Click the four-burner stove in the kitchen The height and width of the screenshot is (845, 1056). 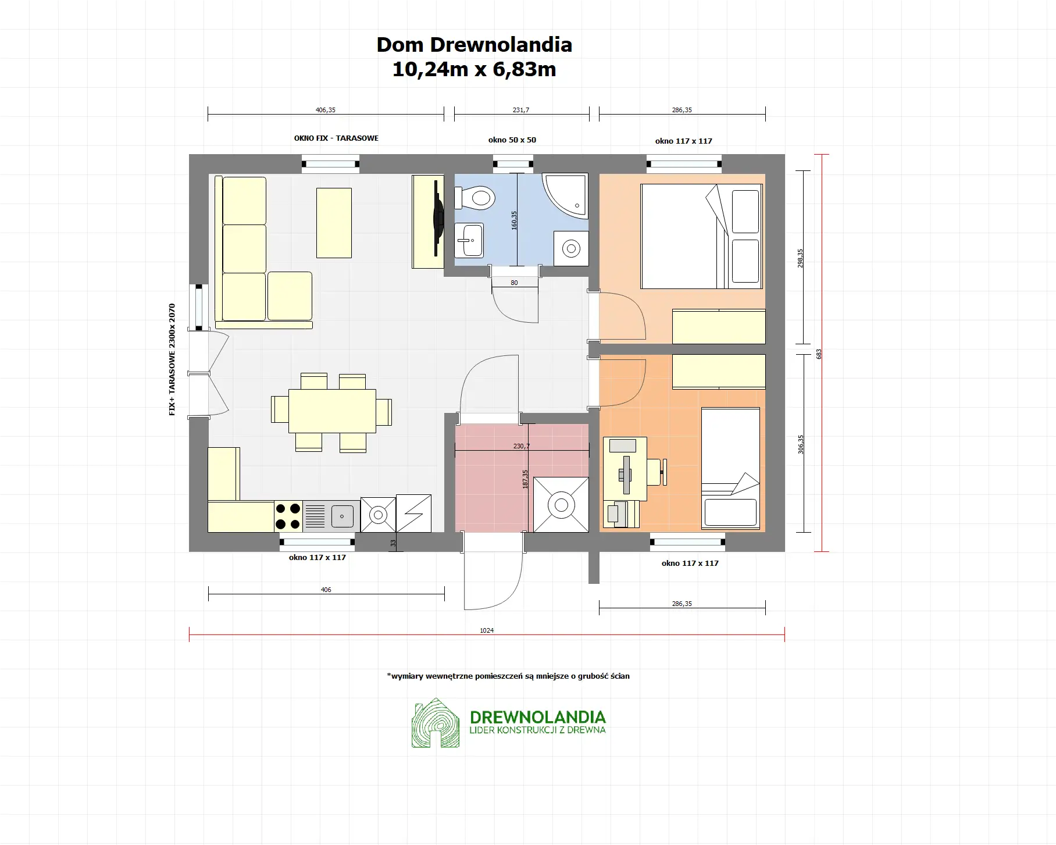pyautogui.click(x=288, y=516)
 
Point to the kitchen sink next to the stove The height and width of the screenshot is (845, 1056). pyautogui.click(x=341, y=516)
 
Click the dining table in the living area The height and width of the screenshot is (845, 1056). pyautogui.click(x=332, y=411)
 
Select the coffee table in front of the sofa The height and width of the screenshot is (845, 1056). pyautogui.click(x=334, y=223)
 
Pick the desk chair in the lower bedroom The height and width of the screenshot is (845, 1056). pyautogui.click(x=657, y=472)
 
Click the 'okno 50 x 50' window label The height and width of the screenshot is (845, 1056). pyautogui.click(x=512, y=140)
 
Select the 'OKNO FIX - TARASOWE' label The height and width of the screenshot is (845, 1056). pyautogui.click(x=336, y=138)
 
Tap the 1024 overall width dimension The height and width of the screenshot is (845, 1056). pyautogui.click(x=487, y=630)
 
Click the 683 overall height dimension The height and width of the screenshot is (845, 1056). pyautogui.click(x=819, y=354)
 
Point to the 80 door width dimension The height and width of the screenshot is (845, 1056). pyautogui.click(x=514, y=283)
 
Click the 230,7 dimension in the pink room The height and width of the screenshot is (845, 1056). pyautogui.click(x=521, y=447)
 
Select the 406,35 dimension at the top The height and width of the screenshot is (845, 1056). pyautogui.click(x=326, y=110)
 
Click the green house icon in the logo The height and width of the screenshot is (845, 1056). pyautogui.click(x=436, y=723)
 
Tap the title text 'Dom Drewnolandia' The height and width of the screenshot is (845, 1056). pyautogui.click(x=474, y=45)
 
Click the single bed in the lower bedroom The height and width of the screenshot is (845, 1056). pyautogui.click(x=730, y=468)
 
